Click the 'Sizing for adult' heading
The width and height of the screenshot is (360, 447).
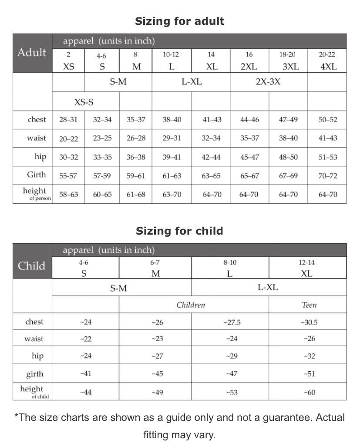179,21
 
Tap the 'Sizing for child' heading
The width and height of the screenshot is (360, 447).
179,231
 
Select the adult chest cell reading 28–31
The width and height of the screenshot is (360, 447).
68,120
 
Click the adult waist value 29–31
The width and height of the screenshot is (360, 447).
172,138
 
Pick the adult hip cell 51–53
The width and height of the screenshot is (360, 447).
327,157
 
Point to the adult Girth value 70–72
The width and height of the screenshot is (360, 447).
327,176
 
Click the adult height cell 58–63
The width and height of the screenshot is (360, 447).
68,195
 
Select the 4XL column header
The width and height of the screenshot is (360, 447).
327,67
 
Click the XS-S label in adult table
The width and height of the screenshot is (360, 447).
84,102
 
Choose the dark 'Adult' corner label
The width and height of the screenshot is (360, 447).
32,53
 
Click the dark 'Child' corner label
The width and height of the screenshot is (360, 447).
32,266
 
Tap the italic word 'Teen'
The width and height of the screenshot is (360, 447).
309,305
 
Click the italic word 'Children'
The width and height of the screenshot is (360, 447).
191,305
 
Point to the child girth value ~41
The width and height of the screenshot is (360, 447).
86,373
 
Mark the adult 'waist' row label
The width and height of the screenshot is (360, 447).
36,138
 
